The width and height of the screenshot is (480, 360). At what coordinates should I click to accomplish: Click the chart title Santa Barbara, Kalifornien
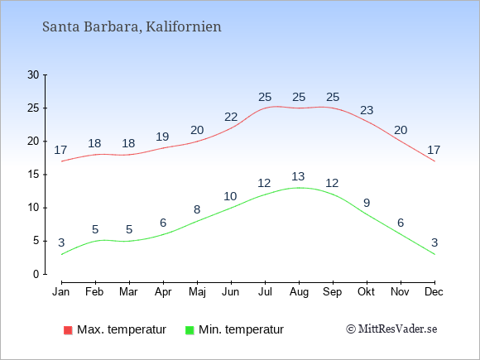tap(132, 26)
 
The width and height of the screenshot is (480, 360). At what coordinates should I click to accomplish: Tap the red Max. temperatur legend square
tap(68, 330)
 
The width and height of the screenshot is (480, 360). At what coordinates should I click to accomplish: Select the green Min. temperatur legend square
tap(190, 330)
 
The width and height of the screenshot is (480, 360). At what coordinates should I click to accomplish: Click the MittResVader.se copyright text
tap(391, 329)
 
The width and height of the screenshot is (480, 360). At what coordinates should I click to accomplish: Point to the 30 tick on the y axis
tap(33, 74)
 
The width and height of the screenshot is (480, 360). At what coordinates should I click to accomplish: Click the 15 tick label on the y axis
tap(33, 175)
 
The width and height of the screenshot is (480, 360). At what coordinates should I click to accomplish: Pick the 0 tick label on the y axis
tap(36, 274)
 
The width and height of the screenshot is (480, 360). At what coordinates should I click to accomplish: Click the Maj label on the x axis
tap(197, 292)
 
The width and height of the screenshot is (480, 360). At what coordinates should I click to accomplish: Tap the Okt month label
tap(367, 292)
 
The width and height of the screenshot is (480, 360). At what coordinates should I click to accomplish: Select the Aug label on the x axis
tap(299, 292)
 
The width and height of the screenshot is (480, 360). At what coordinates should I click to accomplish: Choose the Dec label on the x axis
tap(434, 292)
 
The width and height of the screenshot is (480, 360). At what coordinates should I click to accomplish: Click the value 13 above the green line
tap(299, 176)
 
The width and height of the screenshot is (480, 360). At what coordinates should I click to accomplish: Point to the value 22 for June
tap(231, 117)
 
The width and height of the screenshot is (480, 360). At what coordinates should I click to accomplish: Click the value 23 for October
tap(367, 110)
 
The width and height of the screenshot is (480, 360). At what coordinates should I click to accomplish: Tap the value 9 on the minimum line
tap(367, 203)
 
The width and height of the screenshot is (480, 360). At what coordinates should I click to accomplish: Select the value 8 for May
tap(197, 209)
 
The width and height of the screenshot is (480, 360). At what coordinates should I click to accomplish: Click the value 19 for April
tap(162, 137)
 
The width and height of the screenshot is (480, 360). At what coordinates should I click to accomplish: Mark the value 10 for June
tap(231, 196)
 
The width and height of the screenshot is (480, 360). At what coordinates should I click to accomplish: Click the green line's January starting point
tap(62, 254)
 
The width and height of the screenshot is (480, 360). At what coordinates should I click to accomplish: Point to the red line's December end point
tap(434, 161)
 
